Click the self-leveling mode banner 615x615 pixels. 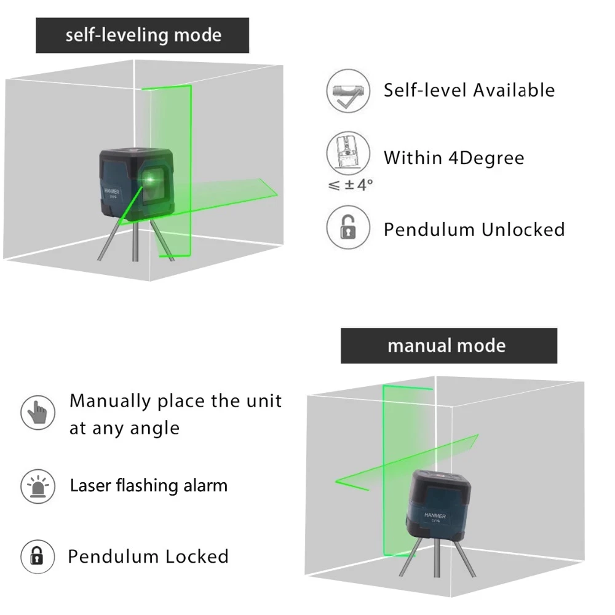(x=143, y=35)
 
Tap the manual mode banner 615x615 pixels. (x=448, y=346)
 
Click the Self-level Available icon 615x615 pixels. (x=349, y=90)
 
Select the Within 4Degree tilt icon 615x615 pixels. (x=349, y=153)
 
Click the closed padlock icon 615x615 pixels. (x=38, y=557)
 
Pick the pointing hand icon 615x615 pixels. (x=38, y=413)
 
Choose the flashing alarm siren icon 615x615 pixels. (x=38, y=485)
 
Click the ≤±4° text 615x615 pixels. (x=351, y=184)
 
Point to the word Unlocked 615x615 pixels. (x=523, y=230)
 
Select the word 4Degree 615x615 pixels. (x=486, y=158)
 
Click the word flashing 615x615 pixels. (x=146, y=486)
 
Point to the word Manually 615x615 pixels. (x=110, y=402)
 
